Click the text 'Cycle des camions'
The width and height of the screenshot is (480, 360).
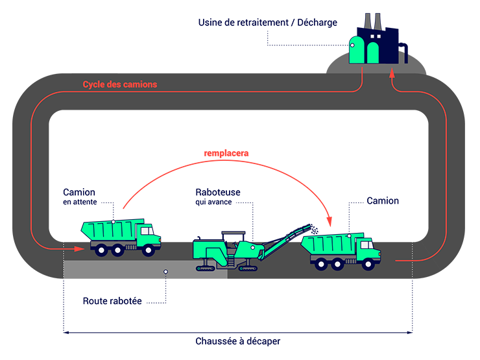coord(119,84)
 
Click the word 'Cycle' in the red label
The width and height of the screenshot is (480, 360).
coord(94,84)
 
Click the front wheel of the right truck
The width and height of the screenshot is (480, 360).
coord(368,263)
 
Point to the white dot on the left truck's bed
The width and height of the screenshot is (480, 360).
coord(113,222)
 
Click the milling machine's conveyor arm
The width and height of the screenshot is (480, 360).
coord(285,240)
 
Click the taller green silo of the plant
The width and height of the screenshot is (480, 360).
coord(356,51)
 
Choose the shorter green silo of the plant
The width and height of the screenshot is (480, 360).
coord(373,53)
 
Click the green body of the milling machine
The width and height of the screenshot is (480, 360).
coord(214,250)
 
